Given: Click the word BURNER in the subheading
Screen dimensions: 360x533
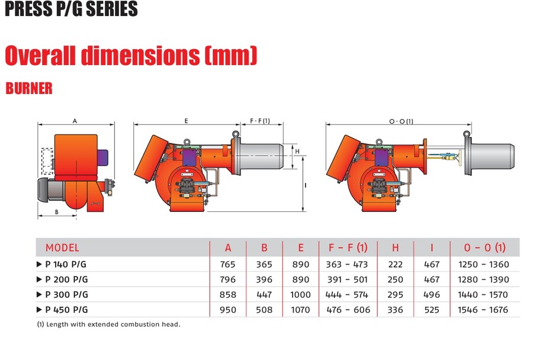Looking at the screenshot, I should point(29,88).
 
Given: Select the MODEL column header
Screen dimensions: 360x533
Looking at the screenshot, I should point(62,247).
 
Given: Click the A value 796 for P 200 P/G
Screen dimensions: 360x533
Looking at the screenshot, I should point(227,279).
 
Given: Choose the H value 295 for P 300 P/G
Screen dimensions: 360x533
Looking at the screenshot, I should point(394,294).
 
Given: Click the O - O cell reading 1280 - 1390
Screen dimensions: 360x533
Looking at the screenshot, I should point(483,279).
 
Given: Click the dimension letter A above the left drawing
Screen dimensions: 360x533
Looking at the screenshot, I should point(75,121).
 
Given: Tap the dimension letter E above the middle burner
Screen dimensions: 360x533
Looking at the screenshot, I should point(186,121).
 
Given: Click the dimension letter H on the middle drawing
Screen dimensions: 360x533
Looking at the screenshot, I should point(297,152).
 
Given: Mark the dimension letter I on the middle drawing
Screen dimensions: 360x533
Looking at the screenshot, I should point(305,185).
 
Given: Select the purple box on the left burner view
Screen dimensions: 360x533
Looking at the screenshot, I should point(102,157).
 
